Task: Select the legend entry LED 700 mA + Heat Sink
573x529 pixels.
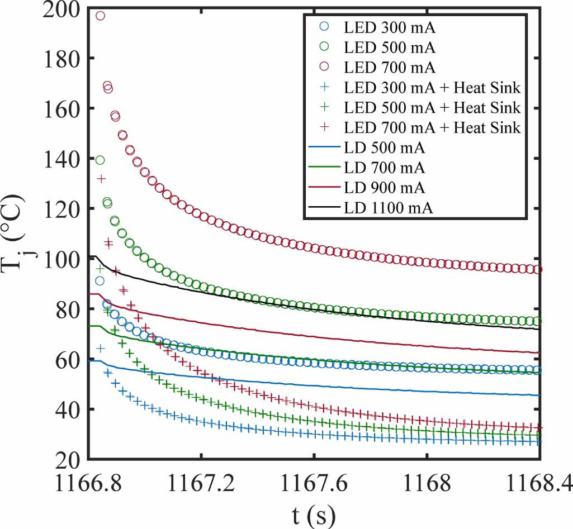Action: point(432,127)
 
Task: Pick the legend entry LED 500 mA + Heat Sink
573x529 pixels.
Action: point(432,107)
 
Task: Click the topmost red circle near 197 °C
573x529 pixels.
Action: point(100,16)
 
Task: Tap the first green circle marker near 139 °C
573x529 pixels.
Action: point(100,160)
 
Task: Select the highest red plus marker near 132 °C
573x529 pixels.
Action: point(101,179)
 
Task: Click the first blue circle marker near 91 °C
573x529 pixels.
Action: point(100,281)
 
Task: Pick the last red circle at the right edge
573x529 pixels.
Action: point(538,270)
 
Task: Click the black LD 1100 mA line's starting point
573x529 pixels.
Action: point(90,256)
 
